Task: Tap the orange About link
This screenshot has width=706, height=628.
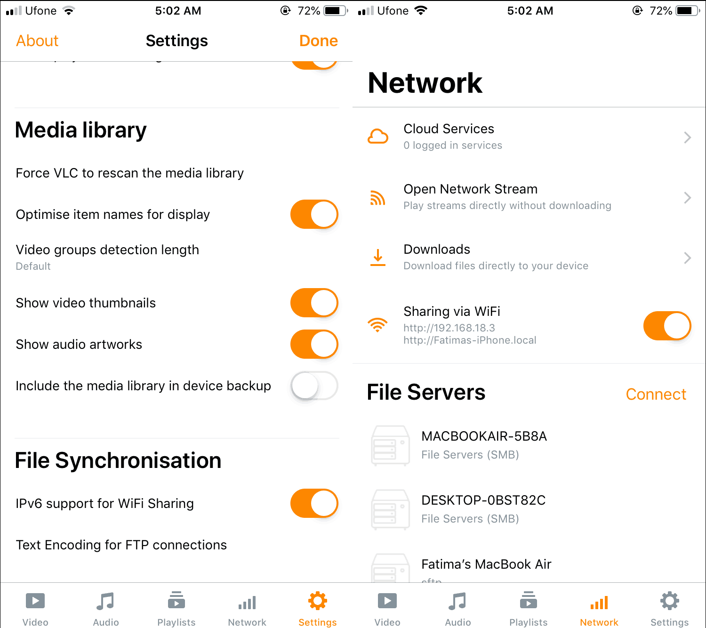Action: pos(37,41)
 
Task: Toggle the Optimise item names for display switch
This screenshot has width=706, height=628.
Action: pos(314,215)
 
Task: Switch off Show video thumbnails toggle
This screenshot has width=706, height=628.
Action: pos(314,303)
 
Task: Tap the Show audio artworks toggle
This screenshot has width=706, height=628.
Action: pos(314,345)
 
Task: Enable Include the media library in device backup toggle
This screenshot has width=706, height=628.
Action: pos(314,386)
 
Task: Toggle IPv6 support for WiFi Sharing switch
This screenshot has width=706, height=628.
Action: pos(314,504)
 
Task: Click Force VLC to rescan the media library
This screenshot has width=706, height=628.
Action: pos(130,173)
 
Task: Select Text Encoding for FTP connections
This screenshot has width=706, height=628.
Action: pos(121,545)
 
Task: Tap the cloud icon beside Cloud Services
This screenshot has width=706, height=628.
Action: pos(378,137)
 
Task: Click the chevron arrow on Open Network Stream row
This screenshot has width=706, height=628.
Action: pos(687,198)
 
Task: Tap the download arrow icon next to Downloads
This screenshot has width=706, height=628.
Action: pos(378,258)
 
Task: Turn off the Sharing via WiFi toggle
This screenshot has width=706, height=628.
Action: pos(667,326)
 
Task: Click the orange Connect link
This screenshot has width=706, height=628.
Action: pos(656,395)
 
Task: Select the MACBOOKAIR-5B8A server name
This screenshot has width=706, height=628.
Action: pos(484,436)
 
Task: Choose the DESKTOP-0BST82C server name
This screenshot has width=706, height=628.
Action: pos(483,500)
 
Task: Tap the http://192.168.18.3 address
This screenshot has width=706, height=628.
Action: pos(449,328)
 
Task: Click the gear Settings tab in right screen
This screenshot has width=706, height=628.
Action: pos(669,602)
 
